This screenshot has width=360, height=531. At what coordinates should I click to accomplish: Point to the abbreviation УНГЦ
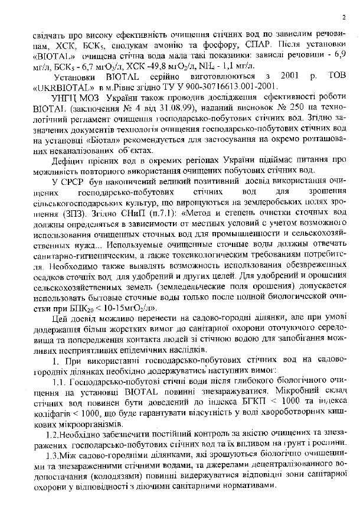(67, 98)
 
